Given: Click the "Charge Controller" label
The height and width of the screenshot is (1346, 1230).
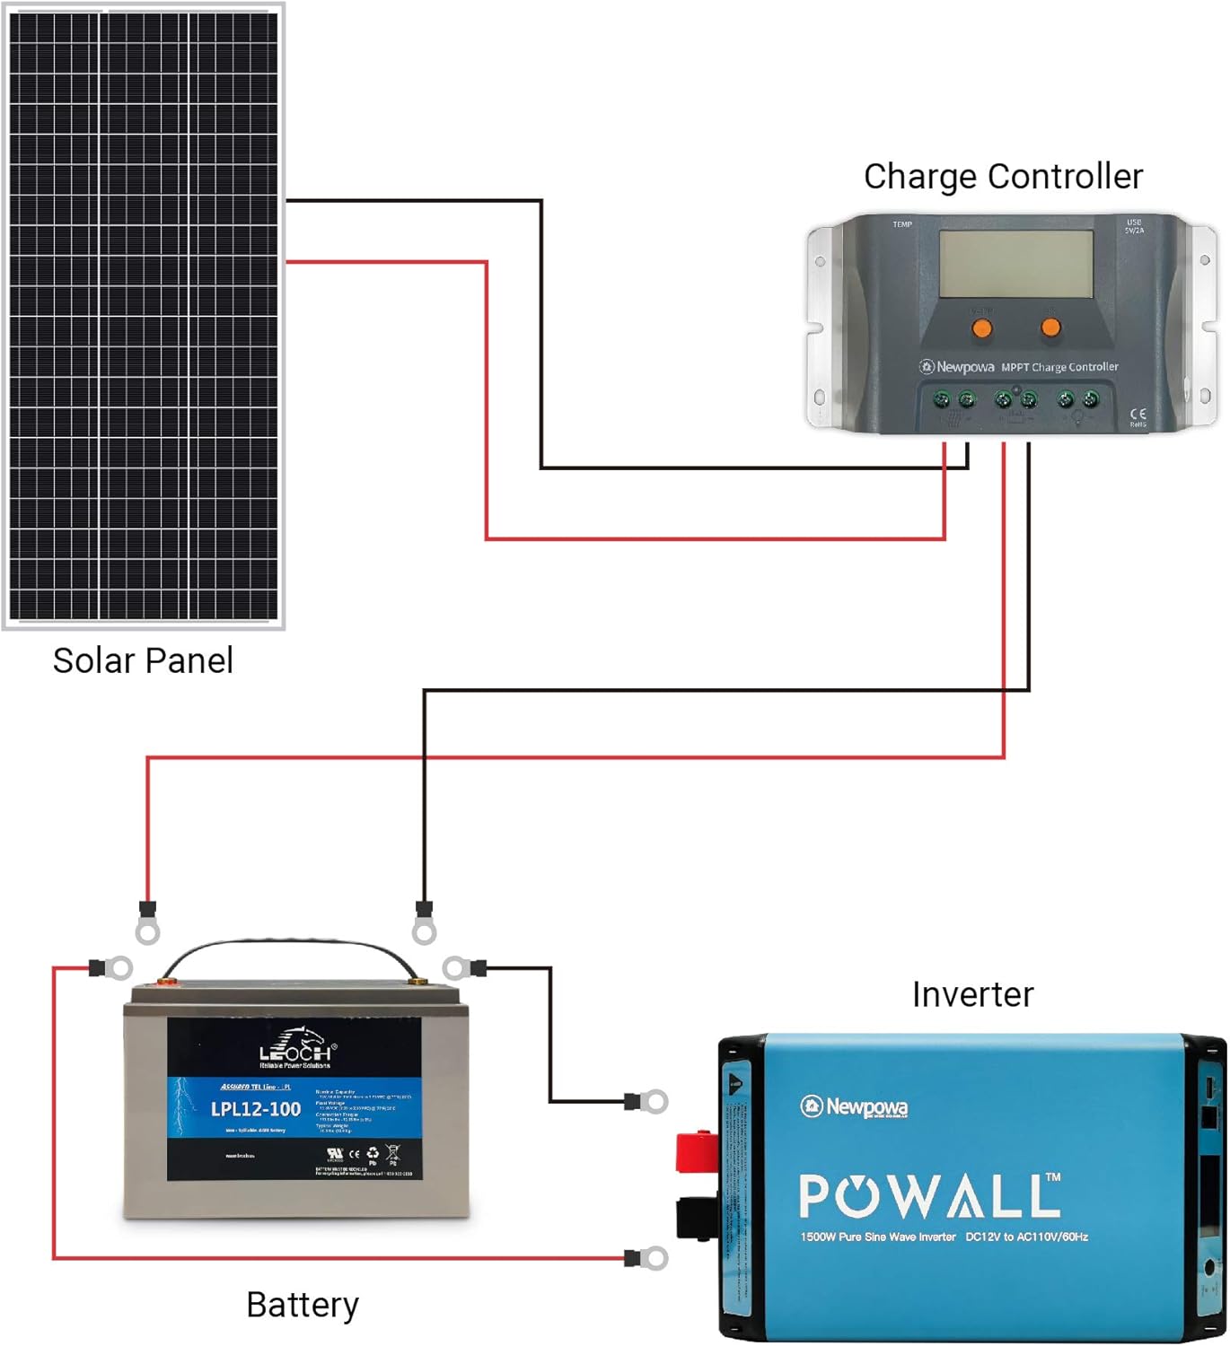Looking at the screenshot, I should (x=1003, y=177).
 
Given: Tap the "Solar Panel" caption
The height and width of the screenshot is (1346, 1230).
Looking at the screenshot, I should (x=143, y=660).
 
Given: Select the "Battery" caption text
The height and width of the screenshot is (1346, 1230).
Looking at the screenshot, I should (x=303, y=1305).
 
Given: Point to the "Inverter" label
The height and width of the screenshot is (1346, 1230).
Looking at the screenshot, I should (x=972, y=994).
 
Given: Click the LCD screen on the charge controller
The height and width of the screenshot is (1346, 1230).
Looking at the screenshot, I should (x=1015, y=264).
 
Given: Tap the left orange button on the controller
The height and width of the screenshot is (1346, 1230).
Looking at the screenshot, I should (x=982, y=328).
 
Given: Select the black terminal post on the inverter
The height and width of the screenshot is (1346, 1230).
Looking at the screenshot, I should (x=697, y=1219).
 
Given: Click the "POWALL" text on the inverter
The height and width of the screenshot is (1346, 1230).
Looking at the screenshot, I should (x=929, y=1196).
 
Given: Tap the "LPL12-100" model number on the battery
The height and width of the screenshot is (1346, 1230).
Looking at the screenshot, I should (x=256, y=1109).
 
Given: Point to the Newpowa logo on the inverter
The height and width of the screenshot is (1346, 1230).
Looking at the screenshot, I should (x=855, y=1106).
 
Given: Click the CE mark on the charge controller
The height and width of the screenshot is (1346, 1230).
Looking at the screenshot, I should (x=1138, y=415).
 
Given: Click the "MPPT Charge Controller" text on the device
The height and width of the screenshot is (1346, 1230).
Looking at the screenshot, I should (x=1059, y=367).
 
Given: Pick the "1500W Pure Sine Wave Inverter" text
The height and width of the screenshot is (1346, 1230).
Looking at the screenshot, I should (x=878, y=1237).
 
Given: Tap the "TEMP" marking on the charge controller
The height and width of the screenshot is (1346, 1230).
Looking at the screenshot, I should (x=902, y=224).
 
